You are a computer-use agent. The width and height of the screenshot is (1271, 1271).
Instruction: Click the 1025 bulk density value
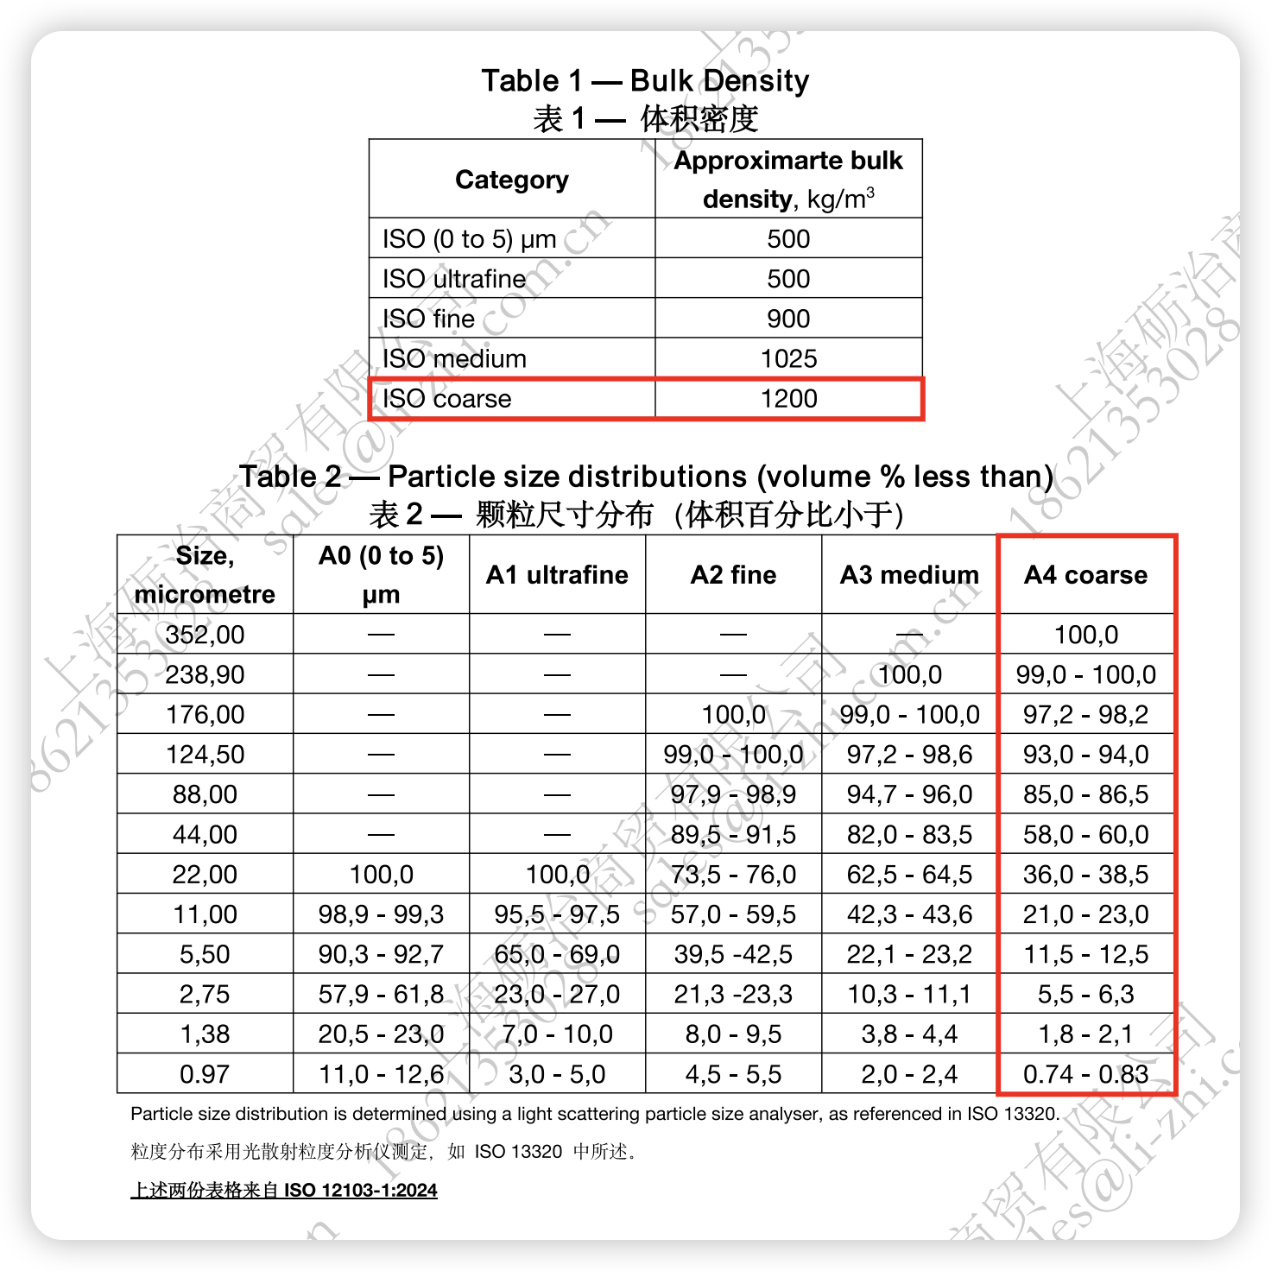pos(788,358)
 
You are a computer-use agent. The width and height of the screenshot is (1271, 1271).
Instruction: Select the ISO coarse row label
pos(446,399)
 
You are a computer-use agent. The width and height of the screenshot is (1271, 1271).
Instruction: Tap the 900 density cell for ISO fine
pos(788,319)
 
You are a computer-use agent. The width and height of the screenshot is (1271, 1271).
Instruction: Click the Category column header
pos(512,180)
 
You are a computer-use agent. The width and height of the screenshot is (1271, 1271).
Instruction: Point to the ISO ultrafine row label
pos(454,279)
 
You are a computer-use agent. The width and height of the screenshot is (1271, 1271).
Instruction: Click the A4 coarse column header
pos(1085,575)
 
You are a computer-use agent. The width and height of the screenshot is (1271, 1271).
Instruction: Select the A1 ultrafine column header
pos(557,575)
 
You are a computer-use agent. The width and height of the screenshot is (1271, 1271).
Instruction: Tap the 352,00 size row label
pos(205,635)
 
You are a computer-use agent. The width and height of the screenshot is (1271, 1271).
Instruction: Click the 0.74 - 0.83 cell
pos(1085,1074)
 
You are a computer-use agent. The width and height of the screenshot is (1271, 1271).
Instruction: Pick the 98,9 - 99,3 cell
pos(381,914)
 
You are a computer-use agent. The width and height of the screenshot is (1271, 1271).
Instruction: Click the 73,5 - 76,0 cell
pos(733,875)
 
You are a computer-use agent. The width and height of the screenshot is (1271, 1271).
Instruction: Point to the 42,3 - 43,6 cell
pos(909,914)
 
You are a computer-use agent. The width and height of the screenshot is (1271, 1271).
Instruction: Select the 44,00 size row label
pos(205,835)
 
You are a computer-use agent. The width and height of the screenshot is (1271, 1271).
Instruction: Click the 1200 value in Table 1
pos(788,399)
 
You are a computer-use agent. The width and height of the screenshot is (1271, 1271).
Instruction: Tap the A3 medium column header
pos(909,575)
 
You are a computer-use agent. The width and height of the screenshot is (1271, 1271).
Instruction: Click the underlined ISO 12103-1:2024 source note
pos(284,1191)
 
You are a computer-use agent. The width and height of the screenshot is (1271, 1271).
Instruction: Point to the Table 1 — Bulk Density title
pos(645,81)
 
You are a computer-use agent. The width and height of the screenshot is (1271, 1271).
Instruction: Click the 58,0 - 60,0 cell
pos(1085,835)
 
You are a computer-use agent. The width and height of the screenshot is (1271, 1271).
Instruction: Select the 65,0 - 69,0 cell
pos(557,954)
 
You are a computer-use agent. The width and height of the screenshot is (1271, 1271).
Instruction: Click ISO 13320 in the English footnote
pos(1012,1114)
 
